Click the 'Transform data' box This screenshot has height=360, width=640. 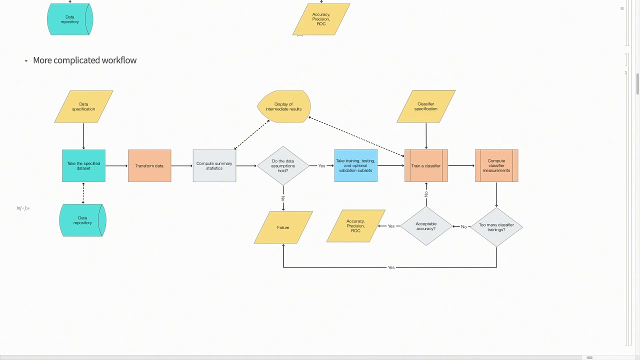click(x=149, y=166)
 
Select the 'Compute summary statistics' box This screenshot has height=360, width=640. click(x=214, y=166)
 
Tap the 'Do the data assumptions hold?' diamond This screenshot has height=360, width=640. click(x=283, y=166)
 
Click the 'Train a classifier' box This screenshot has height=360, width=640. click(x=426, y=166)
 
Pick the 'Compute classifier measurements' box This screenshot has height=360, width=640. click(x=496, y=166)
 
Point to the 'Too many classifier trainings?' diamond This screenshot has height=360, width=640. click(x=496, y=227)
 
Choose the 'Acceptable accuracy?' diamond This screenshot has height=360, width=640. click(x=426, y=226)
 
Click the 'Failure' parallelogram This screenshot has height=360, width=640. click(x=283, y=227)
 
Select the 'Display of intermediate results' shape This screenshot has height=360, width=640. click(x=283, y=106)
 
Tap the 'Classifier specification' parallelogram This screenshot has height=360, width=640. click(x=426, y=106)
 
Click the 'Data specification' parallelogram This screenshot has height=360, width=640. click(x=83, y=106)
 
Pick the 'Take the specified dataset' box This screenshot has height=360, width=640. click(x=83, y=166)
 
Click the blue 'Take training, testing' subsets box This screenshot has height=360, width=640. click(x=355, y=166)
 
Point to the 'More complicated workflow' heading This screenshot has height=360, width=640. click(x=84, y=60)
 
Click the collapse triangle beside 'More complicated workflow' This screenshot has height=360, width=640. click(x=26, y=61)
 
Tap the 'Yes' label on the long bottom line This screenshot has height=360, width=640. click(x=391, y=267)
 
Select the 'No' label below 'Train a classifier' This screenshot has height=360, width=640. click(x=426, y=193)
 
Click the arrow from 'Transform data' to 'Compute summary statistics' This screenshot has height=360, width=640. click(x=182, y=166)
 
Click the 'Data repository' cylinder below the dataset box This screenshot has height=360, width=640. click(x=83, y=220)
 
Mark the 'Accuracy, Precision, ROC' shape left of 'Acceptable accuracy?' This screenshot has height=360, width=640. click(x=355, y=226)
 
